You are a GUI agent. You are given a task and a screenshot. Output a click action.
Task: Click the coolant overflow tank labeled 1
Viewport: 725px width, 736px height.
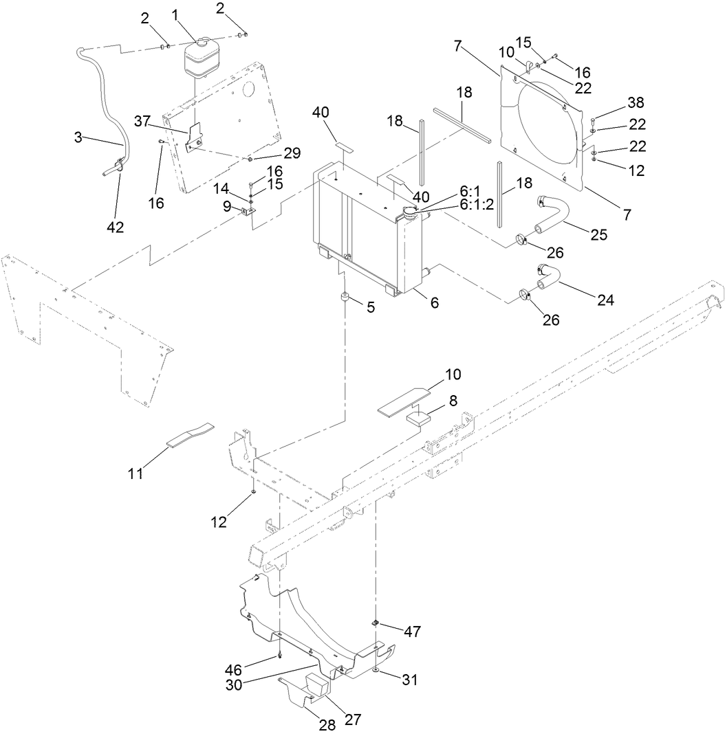coord(199,57)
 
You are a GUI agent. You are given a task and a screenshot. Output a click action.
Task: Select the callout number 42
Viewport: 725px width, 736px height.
coord(115,227)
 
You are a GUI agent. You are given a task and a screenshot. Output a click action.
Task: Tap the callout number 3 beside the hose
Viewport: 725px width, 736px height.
coord(78,137)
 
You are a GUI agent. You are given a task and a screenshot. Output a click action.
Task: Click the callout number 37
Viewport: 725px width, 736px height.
coord(142,122)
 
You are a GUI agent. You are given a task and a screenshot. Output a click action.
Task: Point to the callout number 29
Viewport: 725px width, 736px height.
coord(292,153)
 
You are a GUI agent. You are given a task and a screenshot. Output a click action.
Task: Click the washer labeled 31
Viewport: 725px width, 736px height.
coord(376,670)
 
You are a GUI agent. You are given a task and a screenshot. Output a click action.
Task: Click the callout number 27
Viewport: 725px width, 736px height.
coord(352,720)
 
